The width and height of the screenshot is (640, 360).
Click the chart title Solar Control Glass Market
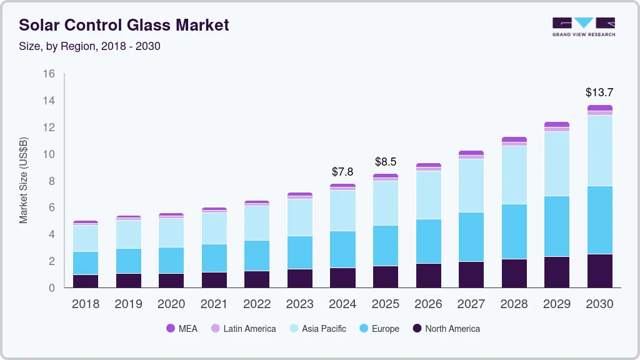(124, 25)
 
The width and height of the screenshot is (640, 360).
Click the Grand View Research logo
(583, 26)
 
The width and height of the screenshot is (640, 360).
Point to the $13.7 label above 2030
(599, 92)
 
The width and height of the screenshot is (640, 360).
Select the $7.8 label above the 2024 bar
(342, 171)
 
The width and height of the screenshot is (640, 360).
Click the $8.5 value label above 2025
(386, 162)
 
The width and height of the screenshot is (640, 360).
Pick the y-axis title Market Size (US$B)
(24, 181)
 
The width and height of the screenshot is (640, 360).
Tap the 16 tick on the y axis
(49, 74)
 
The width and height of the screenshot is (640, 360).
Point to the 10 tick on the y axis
(49, 154)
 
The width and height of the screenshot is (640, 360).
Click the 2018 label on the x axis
(85, 304)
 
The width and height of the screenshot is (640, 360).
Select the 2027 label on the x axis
(471, 304)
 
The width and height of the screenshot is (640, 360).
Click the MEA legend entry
(182, 328)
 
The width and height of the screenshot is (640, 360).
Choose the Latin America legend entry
(243, 328)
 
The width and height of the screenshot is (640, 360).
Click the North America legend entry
(446, 328)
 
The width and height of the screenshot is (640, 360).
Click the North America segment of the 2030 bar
(600, 271)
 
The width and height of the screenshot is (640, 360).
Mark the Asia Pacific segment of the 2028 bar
(514, 175)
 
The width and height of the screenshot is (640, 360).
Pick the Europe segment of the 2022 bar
(257, 256)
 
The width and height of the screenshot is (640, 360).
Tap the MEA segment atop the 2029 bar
(557, 124)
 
